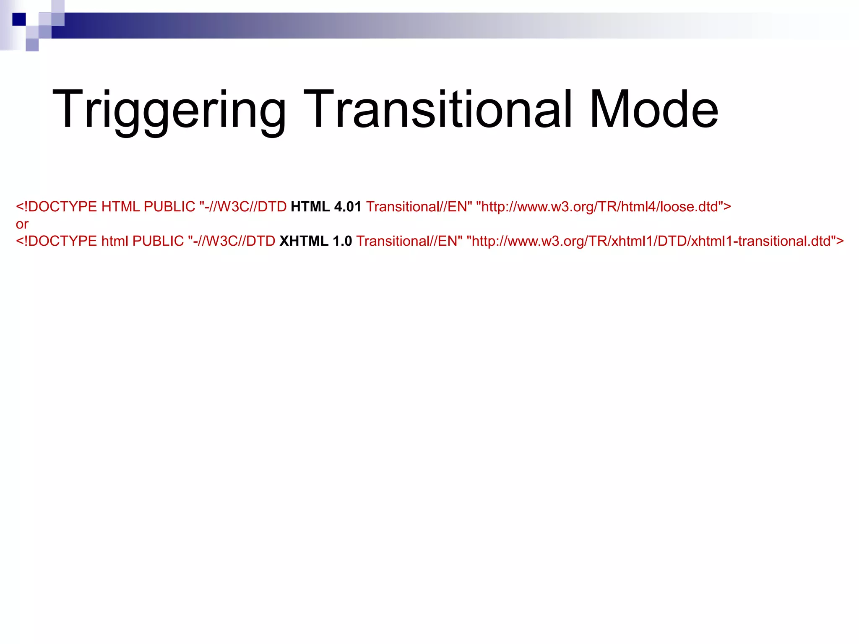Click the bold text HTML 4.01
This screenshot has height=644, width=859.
click(325, 207)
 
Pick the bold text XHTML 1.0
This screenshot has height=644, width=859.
click(315, 241)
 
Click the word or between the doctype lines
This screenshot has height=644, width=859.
click(22, 224)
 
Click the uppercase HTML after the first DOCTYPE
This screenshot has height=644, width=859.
click(120, 207)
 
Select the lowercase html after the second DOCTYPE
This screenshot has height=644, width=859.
click(115, 241)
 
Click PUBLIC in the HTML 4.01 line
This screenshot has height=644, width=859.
click(169, 207)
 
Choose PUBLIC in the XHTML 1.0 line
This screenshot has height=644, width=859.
click(158, 241)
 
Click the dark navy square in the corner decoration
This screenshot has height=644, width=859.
click(19, 19)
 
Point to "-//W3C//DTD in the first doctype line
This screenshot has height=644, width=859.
click(243, 207)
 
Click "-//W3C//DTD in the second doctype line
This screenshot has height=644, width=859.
click(232, 241)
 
